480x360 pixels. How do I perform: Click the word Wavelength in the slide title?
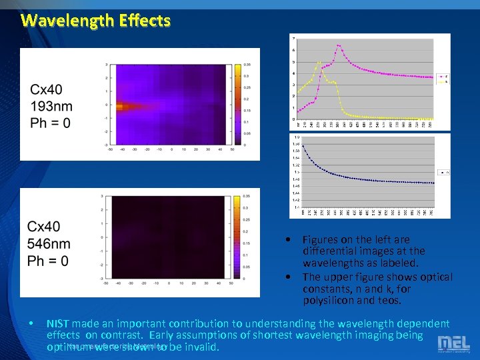pos(63,20)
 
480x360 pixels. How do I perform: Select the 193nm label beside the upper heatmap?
pos(51,106)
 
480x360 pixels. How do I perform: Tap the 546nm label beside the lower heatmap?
pos(49,244)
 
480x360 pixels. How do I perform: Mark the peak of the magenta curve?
pos(339,46)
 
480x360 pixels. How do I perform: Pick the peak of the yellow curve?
pos(320,63)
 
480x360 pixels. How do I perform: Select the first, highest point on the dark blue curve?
pos(303,146)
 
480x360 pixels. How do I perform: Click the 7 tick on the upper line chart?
pos(294,39)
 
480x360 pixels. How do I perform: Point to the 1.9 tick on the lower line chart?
pos(295,137)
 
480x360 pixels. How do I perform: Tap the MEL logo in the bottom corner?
pos(453,343)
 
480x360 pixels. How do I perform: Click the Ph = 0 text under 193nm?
pos(50,123)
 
